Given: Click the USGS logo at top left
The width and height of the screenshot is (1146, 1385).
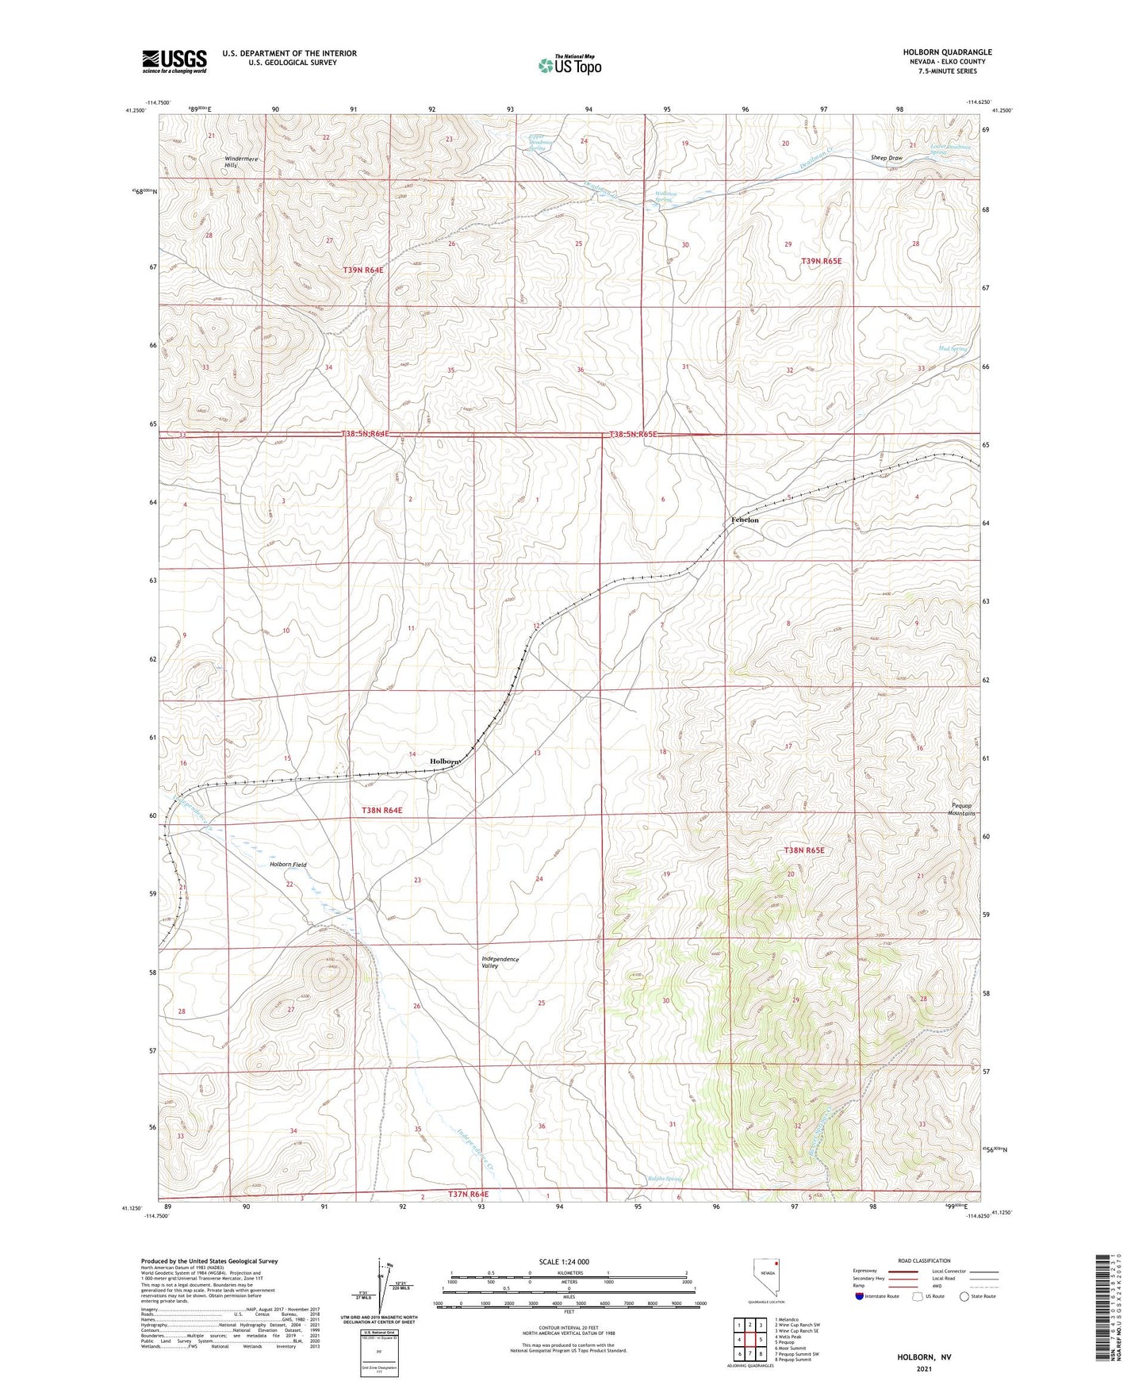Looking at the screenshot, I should pos(174,61).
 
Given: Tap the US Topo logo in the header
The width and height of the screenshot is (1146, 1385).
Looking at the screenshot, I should pos(569,65).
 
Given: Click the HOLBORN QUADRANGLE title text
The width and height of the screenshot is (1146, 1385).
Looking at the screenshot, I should pos(947,52).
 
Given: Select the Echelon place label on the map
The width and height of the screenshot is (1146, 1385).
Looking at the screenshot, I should pos(744,520).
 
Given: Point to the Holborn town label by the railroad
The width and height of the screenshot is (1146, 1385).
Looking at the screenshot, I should pos(444,761).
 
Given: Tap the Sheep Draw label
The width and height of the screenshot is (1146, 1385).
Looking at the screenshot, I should pos(886,158).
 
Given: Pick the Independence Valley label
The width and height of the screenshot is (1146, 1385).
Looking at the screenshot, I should pos(500,962).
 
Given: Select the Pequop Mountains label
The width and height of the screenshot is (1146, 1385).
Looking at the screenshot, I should pos(963,810).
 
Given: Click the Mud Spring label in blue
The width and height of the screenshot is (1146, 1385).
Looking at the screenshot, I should pos(952,348).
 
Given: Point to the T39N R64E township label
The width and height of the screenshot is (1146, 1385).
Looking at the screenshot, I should pos(363,270).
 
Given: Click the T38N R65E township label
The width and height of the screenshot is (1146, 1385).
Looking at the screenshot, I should pos(804,850).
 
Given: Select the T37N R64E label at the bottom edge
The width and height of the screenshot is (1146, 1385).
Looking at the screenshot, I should pos(468,1194).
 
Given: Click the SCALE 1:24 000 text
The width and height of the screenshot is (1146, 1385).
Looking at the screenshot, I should pos(563,1261).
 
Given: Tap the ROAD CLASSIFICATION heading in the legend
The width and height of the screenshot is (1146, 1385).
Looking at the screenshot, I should pos(923,1260).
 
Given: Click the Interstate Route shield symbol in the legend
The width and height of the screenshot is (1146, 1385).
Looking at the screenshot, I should pos(859,1296).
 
